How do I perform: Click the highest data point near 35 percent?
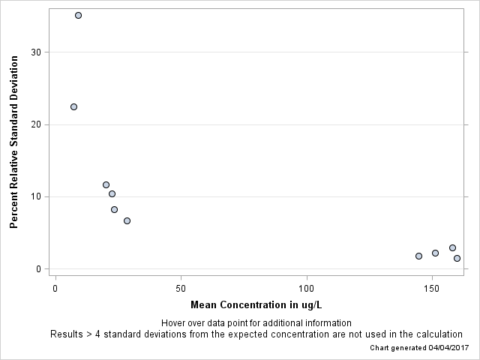(x=78, y=15)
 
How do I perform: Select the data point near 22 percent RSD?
(x=73, y=106)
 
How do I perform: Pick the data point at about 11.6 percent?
(x=106, y=184)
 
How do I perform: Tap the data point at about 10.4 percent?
(x=112, y=193)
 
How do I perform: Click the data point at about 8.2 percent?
(x=114, y=209)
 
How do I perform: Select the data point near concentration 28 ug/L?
(x=127, y=220)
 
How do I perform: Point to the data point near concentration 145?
(x=418, y=256)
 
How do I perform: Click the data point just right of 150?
(x=435, y=253)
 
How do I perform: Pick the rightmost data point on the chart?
(x=457, y=258)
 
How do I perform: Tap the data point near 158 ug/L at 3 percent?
(x=452, y=247)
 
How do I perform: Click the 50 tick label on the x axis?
(x=181, y=288)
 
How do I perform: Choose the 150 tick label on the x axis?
(x=432, y=288)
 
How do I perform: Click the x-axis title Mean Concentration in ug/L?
(x=256, y=304)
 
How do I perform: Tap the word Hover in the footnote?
(x=173, y=322)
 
